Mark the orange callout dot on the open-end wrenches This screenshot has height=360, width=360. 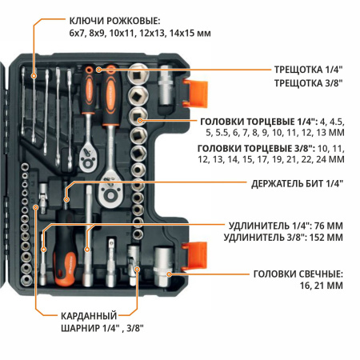pyautogui.click(x=34, y=75)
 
